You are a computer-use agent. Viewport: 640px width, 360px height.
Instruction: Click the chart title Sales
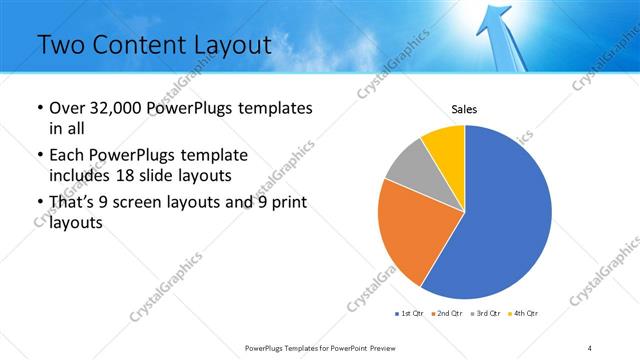click(465, 109)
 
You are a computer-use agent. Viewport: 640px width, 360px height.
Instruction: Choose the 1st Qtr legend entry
click(410, 314)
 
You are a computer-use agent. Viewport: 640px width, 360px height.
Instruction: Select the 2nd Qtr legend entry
click(447, 314)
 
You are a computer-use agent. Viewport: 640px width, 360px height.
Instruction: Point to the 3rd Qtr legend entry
click(485, 314)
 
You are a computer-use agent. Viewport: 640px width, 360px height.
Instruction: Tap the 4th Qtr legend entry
click(523, 314)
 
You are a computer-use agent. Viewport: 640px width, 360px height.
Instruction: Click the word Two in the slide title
click(61, 45)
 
